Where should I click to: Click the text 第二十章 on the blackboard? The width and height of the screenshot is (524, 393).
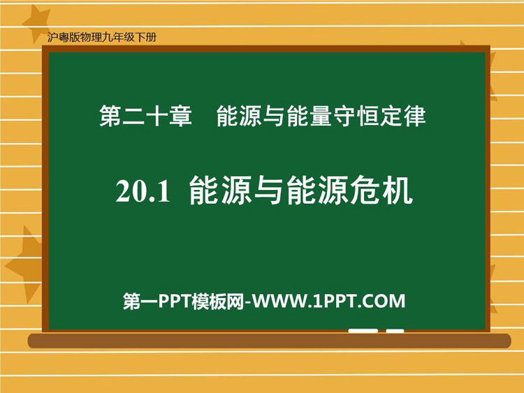click(145, 116)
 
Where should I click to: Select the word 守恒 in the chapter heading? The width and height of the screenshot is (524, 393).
click(356, 116)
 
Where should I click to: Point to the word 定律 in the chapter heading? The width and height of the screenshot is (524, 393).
click(402, 116)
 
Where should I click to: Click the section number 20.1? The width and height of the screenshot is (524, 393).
click(143, 192)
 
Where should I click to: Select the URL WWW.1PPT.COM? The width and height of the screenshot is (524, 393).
click(328, 301)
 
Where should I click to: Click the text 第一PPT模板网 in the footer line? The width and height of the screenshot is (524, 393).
click(184, 301)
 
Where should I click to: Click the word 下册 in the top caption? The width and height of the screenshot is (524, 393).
click(146, 37)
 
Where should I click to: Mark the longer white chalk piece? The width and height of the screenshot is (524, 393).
click(363, 331)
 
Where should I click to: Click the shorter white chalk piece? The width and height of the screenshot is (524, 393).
click(395, 331)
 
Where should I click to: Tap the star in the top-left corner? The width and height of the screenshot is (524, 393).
click(36, 22)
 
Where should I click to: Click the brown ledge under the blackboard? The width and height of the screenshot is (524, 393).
click(269, 341)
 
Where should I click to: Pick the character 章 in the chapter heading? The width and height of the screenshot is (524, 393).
click(181, 116)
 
